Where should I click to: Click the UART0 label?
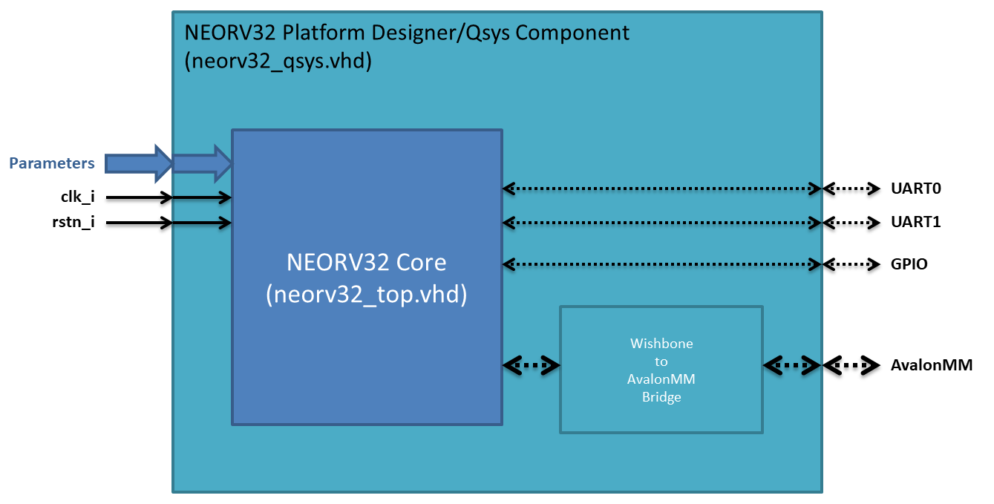pyautogui.click(x=915, y=189)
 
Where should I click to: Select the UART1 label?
pyautogui.click(x=915, y=222)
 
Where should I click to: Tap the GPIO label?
pyautogui.click(x=909, y=264)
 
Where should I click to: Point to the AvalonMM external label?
pyautogui.click(x=931, y=365)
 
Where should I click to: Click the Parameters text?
pyautogui.click(x=52, y=163)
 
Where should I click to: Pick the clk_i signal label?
pyautogui.click(x=77, y=197)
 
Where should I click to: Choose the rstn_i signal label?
pyautogui.click(x=77, y=222)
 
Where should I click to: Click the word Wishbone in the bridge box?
pyautogui.click(x=661, y=344)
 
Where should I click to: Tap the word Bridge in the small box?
pyautogui.click(x=661, y=398)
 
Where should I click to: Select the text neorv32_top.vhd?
pyautogui.click(x=367, y=294)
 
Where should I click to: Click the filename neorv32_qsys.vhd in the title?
pyautogui.click(x=278, y=62)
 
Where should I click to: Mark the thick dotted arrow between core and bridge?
pyautogui.click(x=532, y=364)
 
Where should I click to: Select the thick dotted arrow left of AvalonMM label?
pyautogui.click(x=851, y=365)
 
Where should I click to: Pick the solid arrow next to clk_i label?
pyautogui.click(x=137, y=197)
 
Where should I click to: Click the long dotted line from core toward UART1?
pyautogui.click(x=661, y=222)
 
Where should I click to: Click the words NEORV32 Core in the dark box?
pyautogui.click(x=367, y=263)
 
